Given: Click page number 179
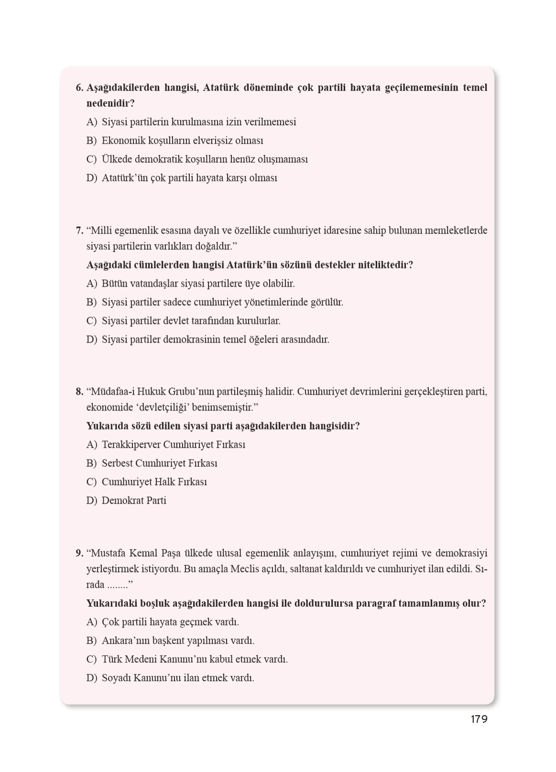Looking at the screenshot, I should (x=479, y=719).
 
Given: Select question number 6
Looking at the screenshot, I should (x=79, y=88).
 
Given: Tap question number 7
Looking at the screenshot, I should (x=79, y=231).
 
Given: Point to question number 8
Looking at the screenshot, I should (x=79, y=392).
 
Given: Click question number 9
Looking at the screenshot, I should (x=79, y=554).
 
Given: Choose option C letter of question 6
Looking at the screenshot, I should (x=91, y=160).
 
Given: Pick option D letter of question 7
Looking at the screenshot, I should (x=91, y=340).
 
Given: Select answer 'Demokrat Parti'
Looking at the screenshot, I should (x=134, y=501).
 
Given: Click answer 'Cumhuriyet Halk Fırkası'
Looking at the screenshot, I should (x=154, y=482).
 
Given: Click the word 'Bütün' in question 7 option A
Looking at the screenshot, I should (x=115, y=284).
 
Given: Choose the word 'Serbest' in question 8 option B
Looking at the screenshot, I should (x=117, y=463).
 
